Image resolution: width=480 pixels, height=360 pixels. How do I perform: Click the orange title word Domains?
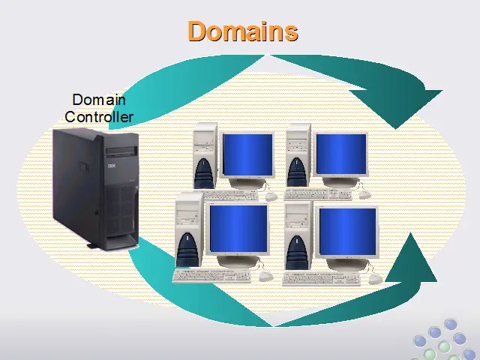243,31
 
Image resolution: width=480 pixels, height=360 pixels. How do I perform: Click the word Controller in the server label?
99,117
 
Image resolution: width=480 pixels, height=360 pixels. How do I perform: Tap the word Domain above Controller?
99,100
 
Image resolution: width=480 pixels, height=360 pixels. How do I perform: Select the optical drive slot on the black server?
121,151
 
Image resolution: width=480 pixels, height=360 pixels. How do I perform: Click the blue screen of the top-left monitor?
247,154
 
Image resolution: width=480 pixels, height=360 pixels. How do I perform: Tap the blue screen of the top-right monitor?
341,154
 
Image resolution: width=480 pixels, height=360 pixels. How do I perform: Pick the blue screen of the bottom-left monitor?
238,228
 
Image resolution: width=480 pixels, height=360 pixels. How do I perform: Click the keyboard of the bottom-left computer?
211,276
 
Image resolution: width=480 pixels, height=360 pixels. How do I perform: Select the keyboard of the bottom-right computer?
322,278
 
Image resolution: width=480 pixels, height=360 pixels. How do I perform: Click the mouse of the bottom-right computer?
375,279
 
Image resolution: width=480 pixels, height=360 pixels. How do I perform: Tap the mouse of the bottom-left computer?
265,277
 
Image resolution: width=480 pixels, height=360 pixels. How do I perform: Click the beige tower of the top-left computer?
205,156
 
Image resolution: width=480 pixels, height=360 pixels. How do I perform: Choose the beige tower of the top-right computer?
298,155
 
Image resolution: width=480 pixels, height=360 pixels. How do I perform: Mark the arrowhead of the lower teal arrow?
412,260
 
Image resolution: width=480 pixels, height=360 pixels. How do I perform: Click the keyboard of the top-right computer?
318,194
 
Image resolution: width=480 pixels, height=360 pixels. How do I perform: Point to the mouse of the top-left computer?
271,196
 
